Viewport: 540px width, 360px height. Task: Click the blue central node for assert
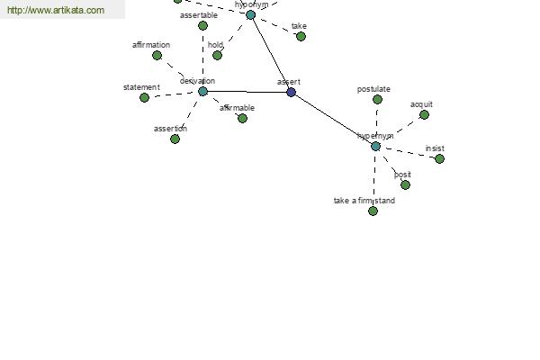(291, 92)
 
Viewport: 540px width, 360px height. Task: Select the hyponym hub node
(251, 14)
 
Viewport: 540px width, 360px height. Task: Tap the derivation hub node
(202, 91)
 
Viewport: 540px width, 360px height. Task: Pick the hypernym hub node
(375, 146)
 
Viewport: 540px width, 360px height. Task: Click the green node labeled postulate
(377, 99)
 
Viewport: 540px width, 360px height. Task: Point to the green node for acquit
(424, 114)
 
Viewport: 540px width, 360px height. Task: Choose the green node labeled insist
(439, 158)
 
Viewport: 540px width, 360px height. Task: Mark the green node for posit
(405, 184)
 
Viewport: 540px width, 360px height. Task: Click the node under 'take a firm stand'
(373, 211)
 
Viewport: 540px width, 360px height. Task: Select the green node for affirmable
(242, 118)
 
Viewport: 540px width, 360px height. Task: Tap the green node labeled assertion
(175, 139)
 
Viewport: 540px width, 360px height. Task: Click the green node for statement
(144, 97)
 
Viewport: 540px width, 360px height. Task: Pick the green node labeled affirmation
(157, 55)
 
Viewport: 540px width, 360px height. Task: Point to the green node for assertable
(202, 25)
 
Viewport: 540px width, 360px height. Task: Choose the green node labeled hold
(217, 55)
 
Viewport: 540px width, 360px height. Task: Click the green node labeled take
(301, 36)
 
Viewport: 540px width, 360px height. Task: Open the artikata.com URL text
(56, 11)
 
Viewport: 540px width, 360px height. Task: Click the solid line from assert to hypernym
(333, 119)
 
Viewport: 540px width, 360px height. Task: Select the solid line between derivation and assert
(247, 91)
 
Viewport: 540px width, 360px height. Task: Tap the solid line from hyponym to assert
(271, 53)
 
